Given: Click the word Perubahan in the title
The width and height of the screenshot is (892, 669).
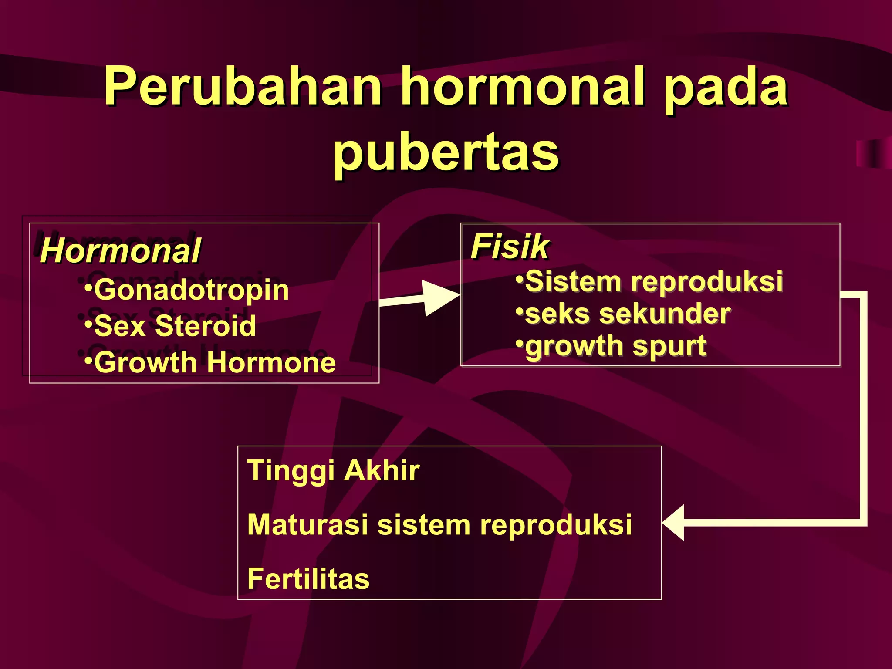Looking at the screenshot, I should [242, 86].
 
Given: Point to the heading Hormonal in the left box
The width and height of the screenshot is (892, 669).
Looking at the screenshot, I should [120, 251].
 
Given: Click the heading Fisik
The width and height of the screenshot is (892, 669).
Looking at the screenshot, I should [510, 247].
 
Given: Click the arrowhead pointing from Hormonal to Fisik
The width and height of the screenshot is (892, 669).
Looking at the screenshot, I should [440, 297].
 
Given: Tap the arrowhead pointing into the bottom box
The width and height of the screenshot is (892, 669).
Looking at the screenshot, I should [674, 523].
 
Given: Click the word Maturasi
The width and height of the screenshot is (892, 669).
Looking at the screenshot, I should [307, 524].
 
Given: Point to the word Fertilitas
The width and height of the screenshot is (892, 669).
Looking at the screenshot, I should [308, 579].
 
